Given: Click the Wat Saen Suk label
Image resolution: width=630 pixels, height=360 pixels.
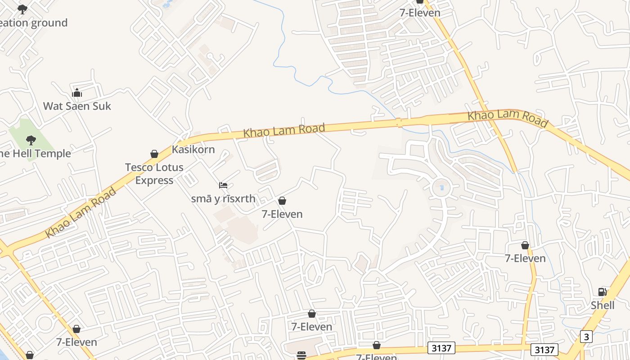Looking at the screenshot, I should pos(77,106).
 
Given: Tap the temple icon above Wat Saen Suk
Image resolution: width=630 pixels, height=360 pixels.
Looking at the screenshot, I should pos(77,93).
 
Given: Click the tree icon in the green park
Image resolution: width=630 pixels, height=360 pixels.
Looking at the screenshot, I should pos(31,140).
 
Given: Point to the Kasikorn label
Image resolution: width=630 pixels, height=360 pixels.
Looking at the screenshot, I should pos(193,149).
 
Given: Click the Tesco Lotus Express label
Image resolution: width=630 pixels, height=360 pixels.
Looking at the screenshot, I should pos(154,174).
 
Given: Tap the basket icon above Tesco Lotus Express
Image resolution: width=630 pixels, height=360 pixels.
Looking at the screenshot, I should pos(154,154).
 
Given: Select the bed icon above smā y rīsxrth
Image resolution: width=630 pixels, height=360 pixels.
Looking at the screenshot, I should pos(223,185).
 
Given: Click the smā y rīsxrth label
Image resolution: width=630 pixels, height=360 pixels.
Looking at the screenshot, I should pos(223,198).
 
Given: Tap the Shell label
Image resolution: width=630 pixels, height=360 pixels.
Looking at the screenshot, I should pos(603,305).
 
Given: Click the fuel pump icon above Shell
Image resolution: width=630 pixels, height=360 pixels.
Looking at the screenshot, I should pos(602,292).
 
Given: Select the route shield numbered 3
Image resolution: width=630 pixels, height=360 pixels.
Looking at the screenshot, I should pos(586,337).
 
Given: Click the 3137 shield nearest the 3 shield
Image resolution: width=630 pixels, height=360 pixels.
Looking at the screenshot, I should pos(544,350).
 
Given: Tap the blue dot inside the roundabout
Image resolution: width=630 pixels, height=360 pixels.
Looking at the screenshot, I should pos(442,187).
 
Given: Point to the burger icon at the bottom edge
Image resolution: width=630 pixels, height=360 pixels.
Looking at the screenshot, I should pos(301,355).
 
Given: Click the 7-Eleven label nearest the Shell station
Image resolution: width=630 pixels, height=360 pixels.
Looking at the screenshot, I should pos(525,258).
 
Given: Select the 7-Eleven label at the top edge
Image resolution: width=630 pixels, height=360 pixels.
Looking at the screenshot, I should pos(420,13).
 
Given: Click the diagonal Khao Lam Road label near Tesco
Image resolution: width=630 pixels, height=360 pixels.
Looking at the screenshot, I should pos(81,213).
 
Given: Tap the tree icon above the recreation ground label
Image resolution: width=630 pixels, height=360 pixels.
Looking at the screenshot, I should pos(22,9).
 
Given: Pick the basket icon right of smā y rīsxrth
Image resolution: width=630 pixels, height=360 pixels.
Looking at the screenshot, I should pos(282,201).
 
